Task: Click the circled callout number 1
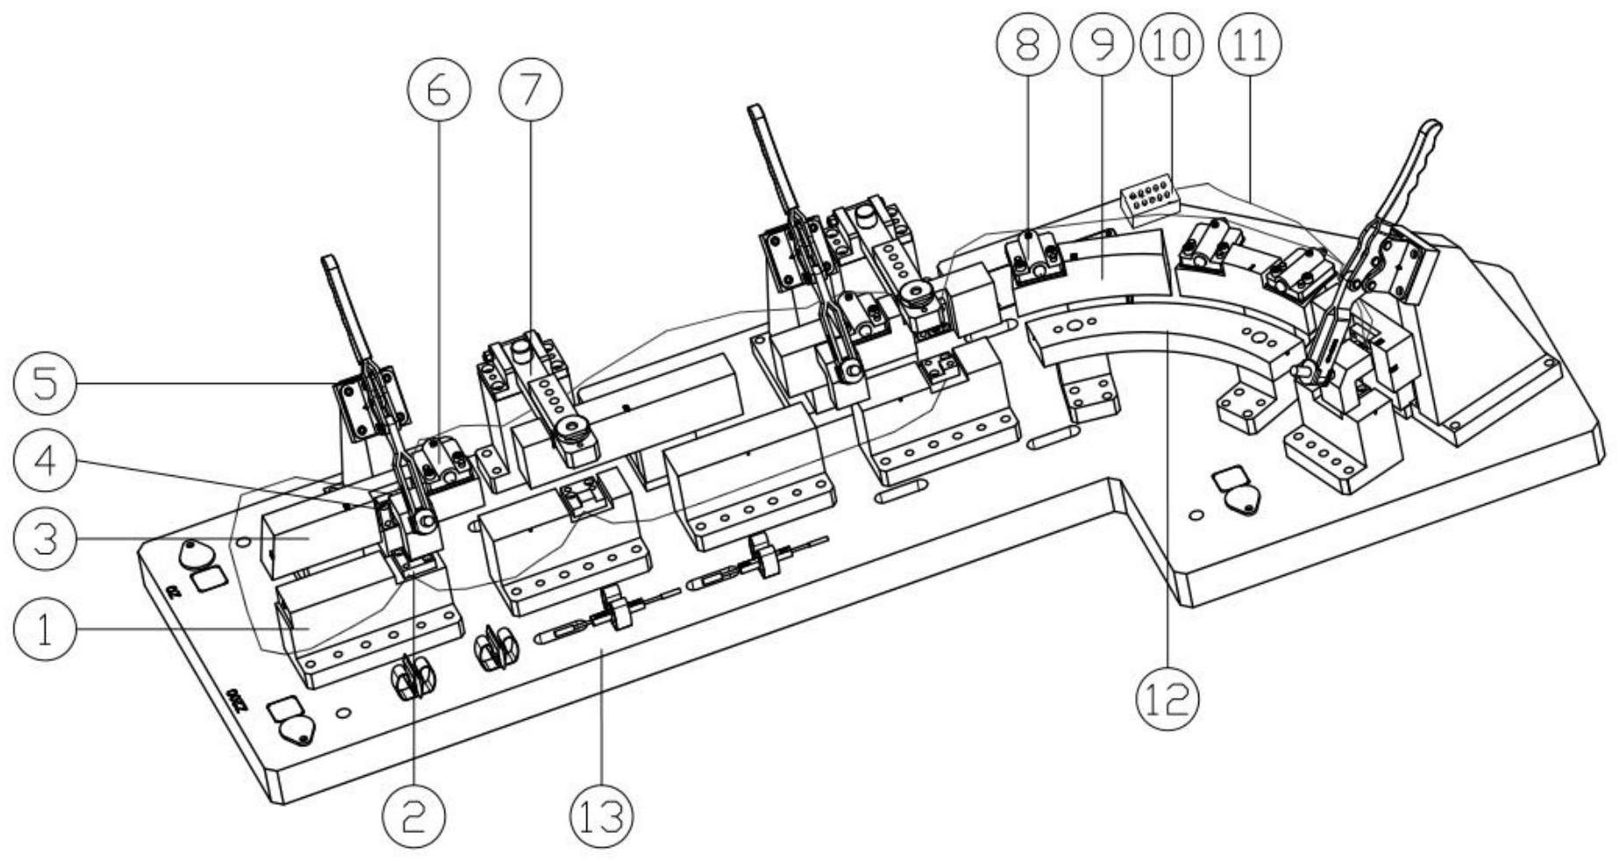[x=45, y=630]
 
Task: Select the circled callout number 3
[x=45, y=538]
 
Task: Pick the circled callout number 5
[x=45, y=383]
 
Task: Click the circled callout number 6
[x=438, y=90]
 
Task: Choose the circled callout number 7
[x=529, y=90]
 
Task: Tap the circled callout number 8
[x=1026, y=44]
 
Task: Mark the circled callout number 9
[x=1101, y=44]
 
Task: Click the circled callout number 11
[x=1249, y=44]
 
